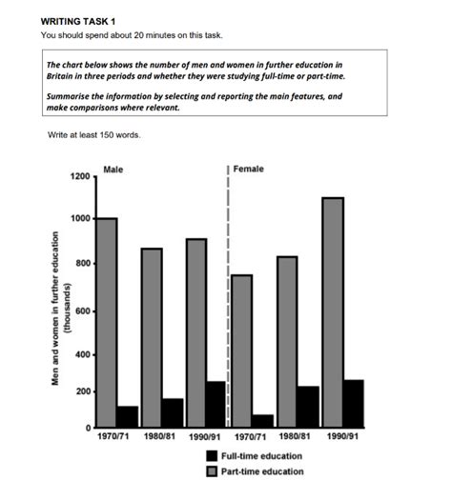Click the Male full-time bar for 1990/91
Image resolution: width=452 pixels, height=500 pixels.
tap(217, 404)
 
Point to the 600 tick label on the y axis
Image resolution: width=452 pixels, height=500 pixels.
tap(83, 311)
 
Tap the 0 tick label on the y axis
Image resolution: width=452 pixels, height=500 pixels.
tap(88, 427)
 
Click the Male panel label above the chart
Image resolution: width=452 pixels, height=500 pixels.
tap(113, 170)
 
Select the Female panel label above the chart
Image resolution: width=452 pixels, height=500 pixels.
tap(249, 170)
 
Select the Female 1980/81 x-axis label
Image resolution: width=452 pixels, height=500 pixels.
tap(298, 437)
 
